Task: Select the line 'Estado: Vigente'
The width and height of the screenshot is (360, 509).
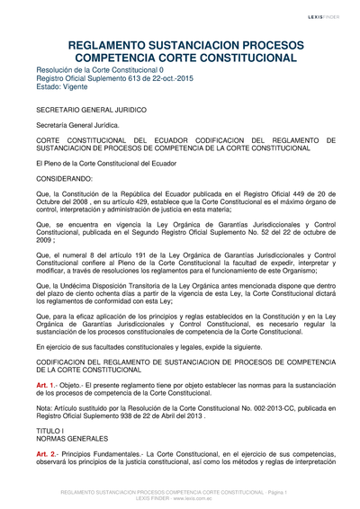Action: (x=66, y=86)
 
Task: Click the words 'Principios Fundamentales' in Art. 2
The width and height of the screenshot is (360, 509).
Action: (x=105, y=455)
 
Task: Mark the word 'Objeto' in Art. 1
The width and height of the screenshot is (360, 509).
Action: (x=75, y=384)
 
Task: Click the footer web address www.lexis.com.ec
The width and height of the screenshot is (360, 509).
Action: (x=198, y=500)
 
